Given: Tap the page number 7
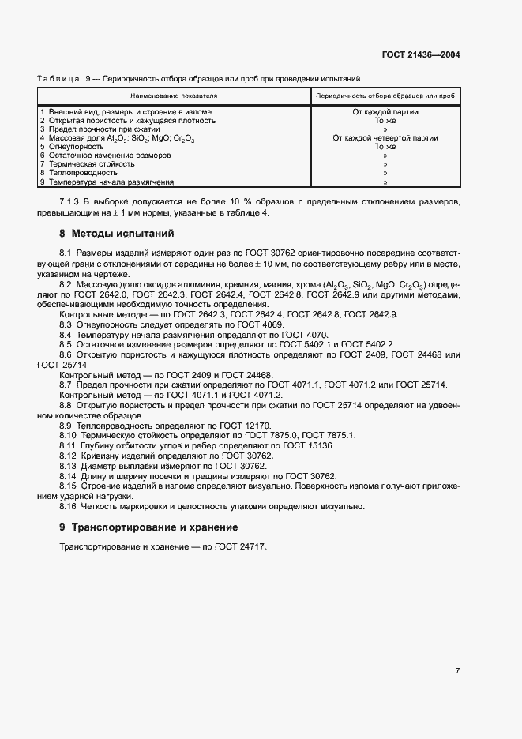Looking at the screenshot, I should (x=458, y=670).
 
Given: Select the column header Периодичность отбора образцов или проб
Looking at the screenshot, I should (x=385, y=96).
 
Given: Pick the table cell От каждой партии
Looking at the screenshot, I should (x=385, y=112).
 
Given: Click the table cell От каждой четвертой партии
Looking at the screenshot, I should (x=385, y=138).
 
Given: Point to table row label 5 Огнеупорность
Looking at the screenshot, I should (x=72, y=147).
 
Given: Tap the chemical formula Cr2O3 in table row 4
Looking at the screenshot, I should (x=182, y=139).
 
